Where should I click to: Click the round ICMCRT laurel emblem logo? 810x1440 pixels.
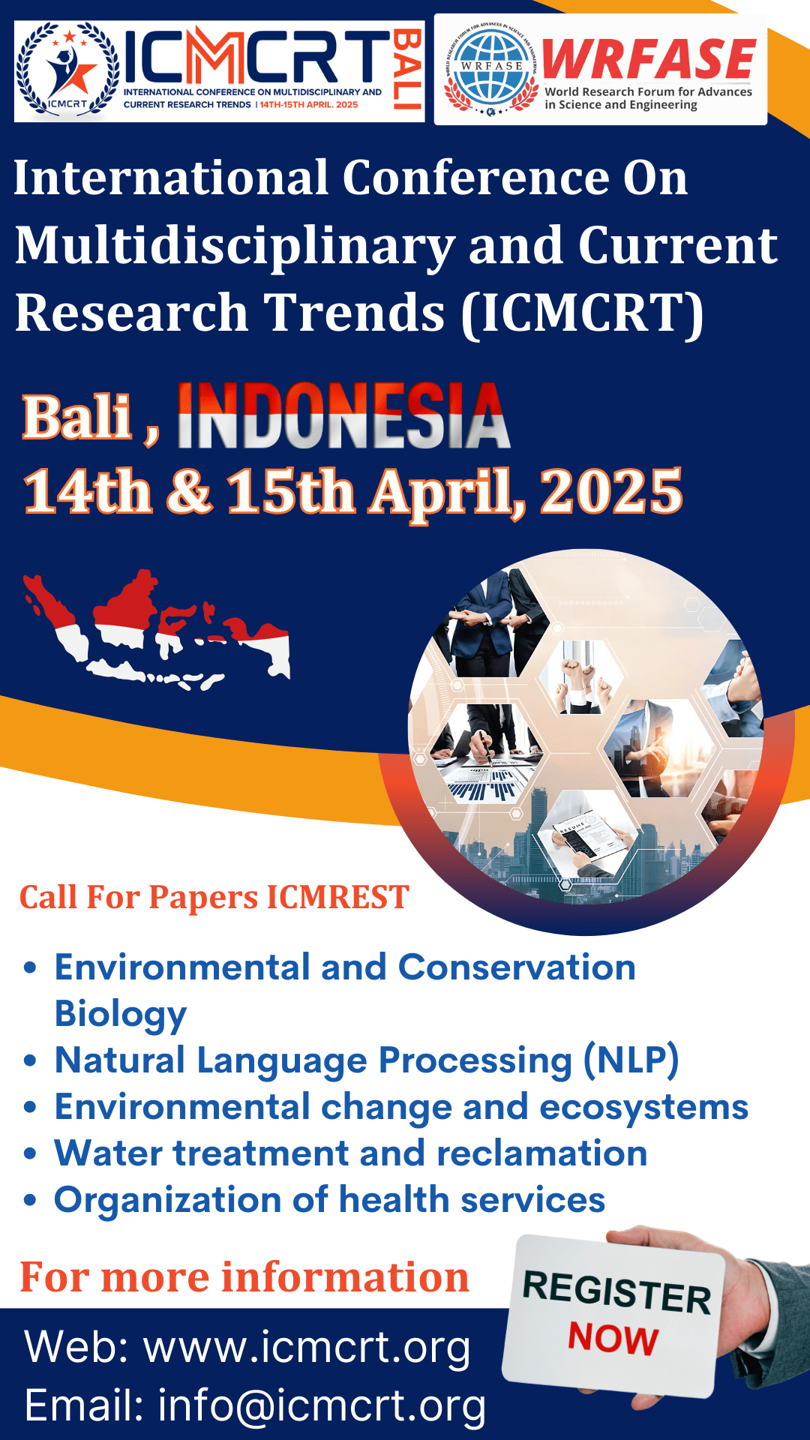67,72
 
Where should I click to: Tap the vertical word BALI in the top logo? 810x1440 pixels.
407,70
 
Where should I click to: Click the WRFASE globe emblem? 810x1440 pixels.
491,70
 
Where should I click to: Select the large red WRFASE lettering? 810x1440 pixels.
649,60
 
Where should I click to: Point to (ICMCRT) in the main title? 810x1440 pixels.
583,313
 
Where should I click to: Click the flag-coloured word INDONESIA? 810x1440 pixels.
343,417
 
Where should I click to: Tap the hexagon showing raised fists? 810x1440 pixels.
582,675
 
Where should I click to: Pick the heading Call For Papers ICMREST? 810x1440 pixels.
214,898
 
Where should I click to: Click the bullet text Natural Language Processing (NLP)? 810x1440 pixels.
367,1060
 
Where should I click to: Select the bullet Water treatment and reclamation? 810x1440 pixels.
350,1153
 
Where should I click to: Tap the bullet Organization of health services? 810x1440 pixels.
329,1200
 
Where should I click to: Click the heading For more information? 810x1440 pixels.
244,1277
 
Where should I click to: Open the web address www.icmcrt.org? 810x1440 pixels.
307,1348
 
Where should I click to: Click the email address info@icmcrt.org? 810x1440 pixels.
322,1405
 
